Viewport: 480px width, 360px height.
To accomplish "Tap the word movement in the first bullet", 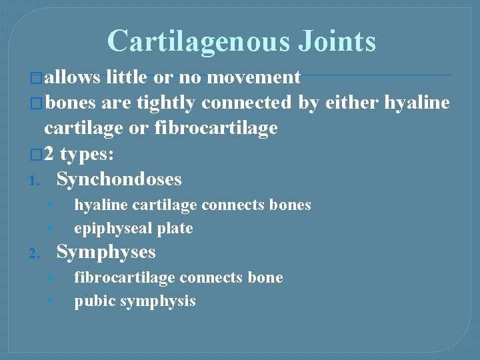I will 253,77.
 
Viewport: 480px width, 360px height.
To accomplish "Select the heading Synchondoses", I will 119,179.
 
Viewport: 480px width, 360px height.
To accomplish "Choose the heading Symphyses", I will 106,252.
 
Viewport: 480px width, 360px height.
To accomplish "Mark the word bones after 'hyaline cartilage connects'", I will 290,205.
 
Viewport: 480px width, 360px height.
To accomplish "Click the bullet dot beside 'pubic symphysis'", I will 50,301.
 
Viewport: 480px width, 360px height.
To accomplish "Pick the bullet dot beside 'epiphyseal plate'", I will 50,229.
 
